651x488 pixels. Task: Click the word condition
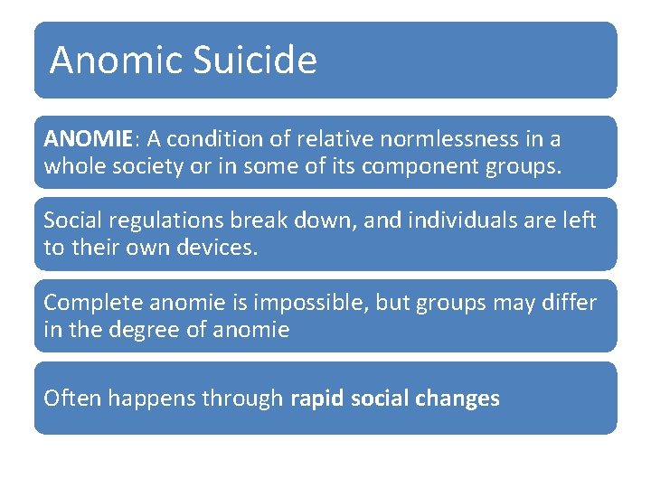click(x=213, y=139)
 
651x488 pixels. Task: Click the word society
click(x=150, y=166)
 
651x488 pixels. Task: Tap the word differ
click(x=570, y=303)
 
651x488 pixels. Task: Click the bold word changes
click(x=459, y=399)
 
